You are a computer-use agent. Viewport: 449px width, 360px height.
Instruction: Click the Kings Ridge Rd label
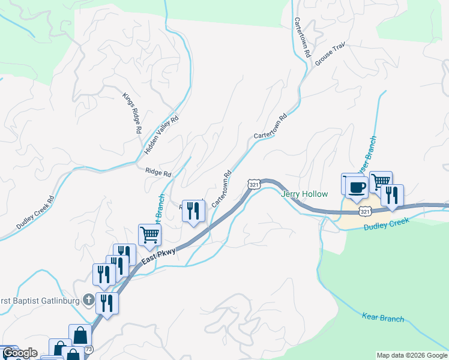tap(132, 113)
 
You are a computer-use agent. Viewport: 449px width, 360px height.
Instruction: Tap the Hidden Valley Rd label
tap(161, 135)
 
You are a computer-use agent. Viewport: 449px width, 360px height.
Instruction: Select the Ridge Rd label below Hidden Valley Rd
tap(158, 172)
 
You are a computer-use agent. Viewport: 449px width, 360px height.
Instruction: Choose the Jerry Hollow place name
tap(305, 194)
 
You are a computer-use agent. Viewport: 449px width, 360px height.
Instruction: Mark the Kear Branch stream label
tap(384, 317)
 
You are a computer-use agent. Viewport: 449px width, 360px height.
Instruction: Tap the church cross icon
tap(89, 299)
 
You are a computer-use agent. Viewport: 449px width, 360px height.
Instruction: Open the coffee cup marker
tap(357, 187)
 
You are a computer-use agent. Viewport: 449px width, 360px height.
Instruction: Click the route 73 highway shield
tap(88, 349)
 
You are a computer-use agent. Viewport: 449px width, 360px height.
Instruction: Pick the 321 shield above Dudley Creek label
tap(364, 211)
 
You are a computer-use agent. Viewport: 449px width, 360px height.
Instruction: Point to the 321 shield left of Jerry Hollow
tap(254, 185)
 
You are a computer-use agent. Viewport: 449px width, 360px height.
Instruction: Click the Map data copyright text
tap(412, 355)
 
